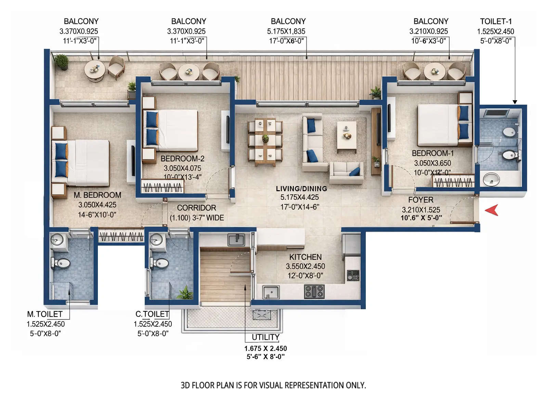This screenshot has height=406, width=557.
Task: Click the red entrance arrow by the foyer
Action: [492, 210]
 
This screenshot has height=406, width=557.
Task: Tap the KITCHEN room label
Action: [305, 257]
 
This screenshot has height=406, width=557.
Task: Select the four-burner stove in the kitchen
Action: [314, 291]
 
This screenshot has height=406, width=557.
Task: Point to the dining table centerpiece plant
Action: [265, 138]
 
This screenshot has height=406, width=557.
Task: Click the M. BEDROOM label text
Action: [98, 195]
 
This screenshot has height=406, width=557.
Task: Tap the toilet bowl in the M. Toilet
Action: [62, 263]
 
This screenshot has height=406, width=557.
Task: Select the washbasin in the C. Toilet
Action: [156, 240]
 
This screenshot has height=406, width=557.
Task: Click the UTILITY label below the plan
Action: [265, 337]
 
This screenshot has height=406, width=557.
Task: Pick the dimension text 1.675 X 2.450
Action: [265, 349]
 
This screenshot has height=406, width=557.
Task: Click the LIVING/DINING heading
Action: [301, 188]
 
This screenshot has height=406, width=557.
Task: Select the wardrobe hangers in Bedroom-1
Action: [453, 182]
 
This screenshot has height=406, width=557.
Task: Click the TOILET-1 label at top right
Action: [496, 21]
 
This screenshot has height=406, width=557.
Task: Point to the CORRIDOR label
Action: [196, 208]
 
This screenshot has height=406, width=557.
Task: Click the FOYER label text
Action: [420, 200]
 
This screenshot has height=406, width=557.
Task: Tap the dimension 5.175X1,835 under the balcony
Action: [286, 31]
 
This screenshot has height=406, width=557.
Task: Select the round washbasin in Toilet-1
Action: [491, 179]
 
